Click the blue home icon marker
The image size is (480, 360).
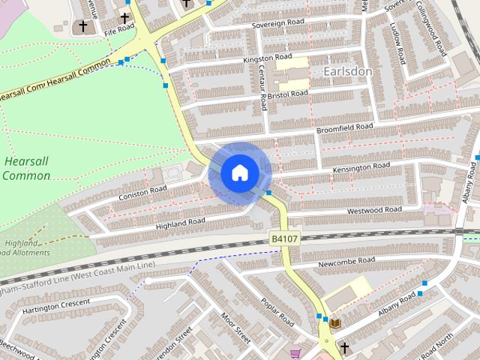239,172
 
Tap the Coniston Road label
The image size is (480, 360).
142,193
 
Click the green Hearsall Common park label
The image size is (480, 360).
26,169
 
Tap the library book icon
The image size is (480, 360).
335,323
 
